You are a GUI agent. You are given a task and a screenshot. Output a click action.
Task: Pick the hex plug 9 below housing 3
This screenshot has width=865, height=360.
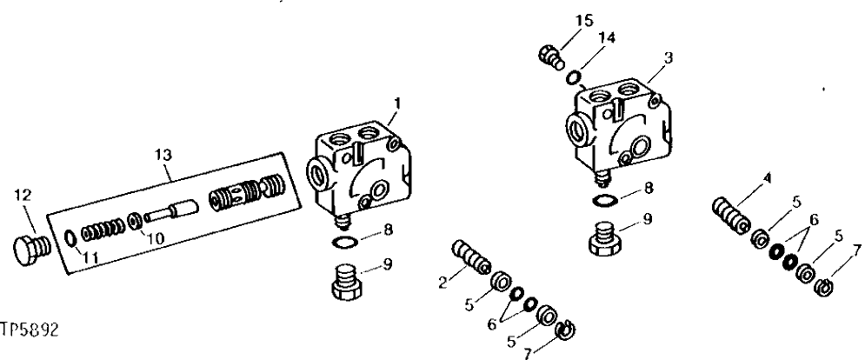point(605,237)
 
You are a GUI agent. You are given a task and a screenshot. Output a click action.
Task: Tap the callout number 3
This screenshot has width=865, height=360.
point(667,57)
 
